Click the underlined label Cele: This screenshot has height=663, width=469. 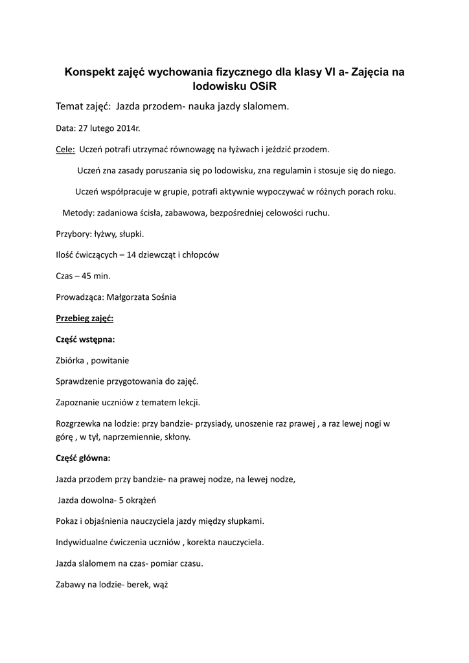point(65,150)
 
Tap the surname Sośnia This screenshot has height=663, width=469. point(163,297)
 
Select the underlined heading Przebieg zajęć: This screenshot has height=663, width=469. point(85,319)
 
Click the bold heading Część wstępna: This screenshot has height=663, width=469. point(86,339)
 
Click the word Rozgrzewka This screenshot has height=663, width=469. point(79,424)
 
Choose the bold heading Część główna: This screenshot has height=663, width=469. point(84,458)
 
